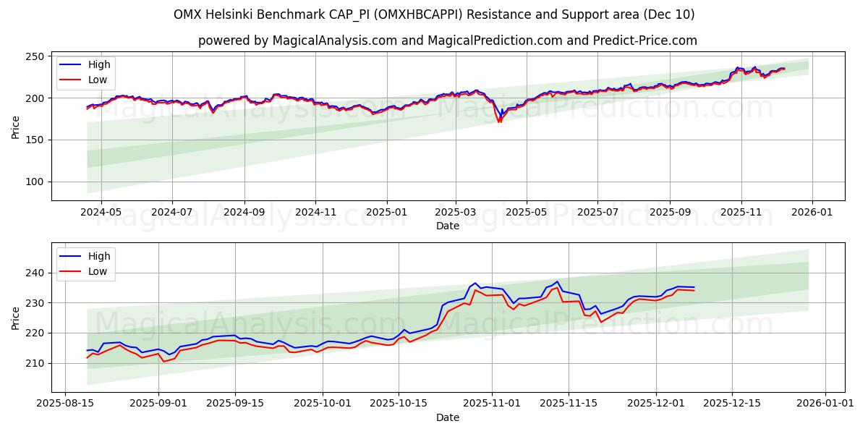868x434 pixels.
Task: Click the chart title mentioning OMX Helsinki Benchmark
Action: (x=434, y=14)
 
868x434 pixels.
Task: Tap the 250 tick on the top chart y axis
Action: (x=35, y=56)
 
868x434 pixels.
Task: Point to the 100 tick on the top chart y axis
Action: (x=35, y=182)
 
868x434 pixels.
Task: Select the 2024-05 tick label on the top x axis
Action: (x=101, y=213)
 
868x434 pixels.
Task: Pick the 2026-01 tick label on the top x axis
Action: (x=812, y=213)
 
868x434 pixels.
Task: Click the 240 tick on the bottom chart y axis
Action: (x=35, y=273)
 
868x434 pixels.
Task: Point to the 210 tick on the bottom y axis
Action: (x=35, y=363)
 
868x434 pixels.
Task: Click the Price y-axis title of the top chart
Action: (x=15, y=127)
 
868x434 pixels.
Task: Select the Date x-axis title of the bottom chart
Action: (x=447, y=417)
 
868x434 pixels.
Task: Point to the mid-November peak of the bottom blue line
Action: (x=557, y=281)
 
